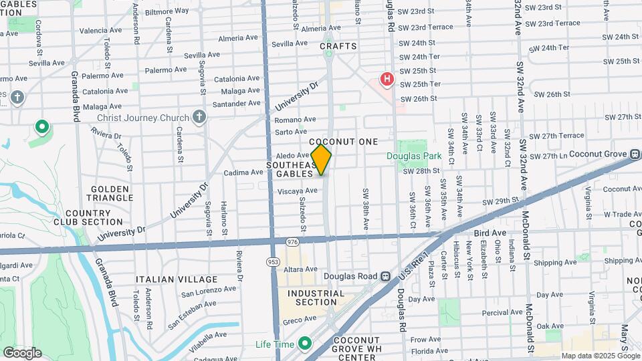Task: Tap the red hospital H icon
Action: point(387,80)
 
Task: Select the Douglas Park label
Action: point(414,156)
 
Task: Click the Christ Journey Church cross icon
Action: point(199,118)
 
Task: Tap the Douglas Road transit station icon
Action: point(385,276)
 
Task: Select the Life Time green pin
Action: point(306,344)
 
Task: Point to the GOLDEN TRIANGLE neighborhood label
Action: point(111,194)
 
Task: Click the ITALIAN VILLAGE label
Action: point(177,279)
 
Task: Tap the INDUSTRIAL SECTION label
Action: point(316,297)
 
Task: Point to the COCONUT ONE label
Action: point(344,142)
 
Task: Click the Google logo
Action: point(22,352)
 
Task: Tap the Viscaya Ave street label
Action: point(297,191)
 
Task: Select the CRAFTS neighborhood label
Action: point(338,46)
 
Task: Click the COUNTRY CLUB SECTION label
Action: point(88,217)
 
